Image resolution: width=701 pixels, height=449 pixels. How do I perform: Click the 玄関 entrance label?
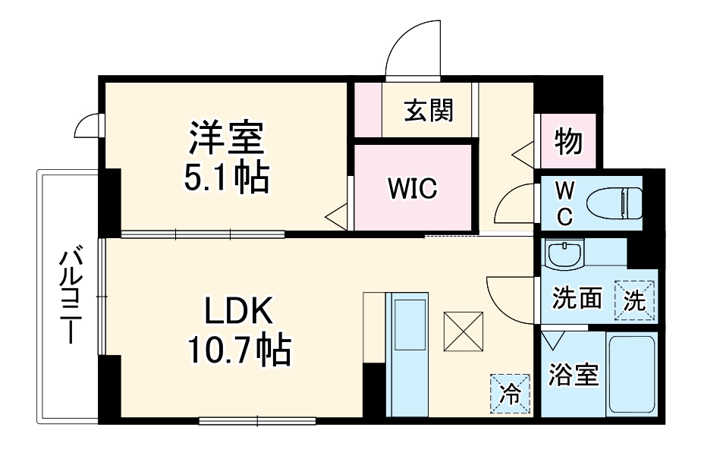[x=429, y=111]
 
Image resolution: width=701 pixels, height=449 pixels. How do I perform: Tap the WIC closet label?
[x=413, y=189]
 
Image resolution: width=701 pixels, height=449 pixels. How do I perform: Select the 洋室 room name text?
[x=225, y=139]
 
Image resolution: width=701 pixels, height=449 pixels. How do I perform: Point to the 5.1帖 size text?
[x=225, y=179]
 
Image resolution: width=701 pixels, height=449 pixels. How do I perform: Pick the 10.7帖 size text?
[x=236, y=350]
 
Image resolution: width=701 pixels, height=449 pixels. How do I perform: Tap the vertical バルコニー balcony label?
[x=72, y=296]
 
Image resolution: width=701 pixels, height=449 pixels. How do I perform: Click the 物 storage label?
[x=568, y=141]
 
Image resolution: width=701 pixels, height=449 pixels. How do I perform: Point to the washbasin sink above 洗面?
[x=565, y=254]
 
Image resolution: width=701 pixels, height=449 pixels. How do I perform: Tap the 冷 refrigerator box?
[x=510, y=393]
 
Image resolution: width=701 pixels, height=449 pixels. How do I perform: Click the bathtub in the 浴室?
[x=631, y=374]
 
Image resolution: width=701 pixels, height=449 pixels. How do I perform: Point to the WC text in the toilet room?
[x=564, y=203]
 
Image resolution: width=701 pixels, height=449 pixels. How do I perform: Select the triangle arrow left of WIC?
[x=335, y=217]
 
